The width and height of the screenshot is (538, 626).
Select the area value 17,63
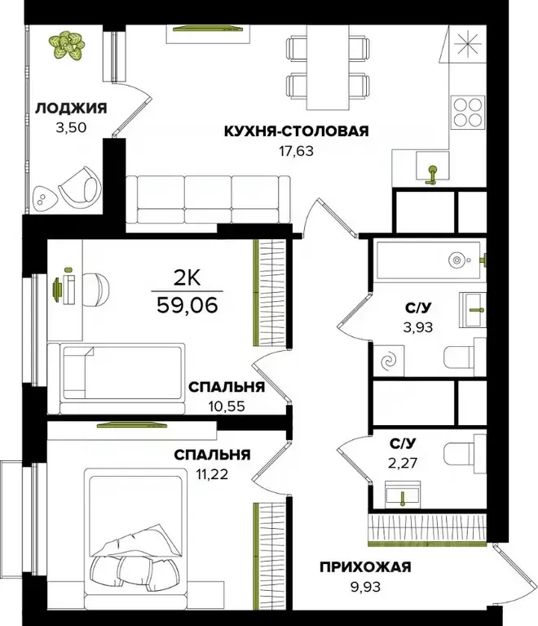tap(297, 149)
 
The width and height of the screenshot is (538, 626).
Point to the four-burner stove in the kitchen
tap(468, 112)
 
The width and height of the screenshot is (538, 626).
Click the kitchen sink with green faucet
tap(433, 170)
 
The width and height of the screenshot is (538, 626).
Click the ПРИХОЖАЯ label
tap(364, 567)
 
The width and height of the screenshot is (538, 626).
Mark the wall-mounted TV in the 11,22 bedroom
tap(133, 424)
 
